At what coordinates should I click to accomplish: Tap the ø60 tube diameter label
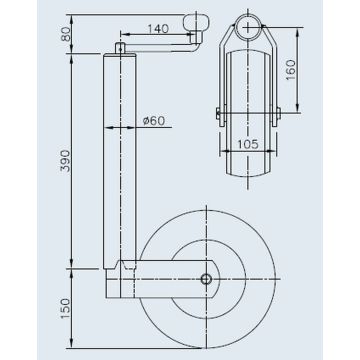(x=153, y=121)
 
